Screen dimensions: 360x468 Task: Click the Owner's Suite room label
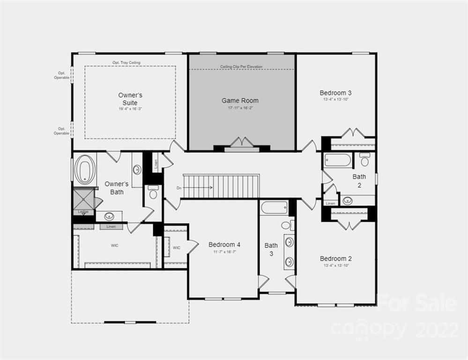click(x=130, y=99)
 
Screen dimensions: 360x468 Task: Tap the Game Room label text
click(x=240, y=100)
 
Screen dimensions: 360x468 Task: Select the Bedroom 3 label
click(x=336, y=93)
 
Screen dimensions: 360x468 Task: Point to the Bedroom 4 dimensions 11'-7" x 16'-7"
click(x=224, y=252)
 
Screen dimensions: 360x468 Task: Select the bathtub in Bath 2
click(x=338, y=160)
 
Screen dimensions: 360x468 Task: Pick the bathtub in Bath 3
click(x=274, y=207)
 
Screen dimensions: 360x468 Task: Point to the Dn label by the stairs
click(x=179, y=188)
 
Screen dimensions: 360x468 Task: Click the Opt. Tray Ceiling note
click(x=126, y=63)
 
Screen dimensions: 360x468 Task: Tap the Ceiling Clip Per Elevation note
click(x=241, y=67)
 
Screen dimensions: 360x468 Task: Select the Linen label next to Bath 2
click(x=330, y=203)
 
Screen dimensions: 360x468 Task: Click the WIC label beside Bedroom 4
click(x=177, y=247)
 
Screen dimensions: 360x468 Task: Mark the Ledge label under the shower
click(x=83, y=212)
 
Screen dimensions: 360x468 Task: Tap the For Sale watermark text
click(x=416, y=303)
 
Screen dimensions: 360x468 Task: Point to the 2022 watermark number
click(x=437, y=330)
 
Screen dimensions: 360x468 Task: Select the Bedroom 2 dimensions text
click(x=336, y=265)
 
